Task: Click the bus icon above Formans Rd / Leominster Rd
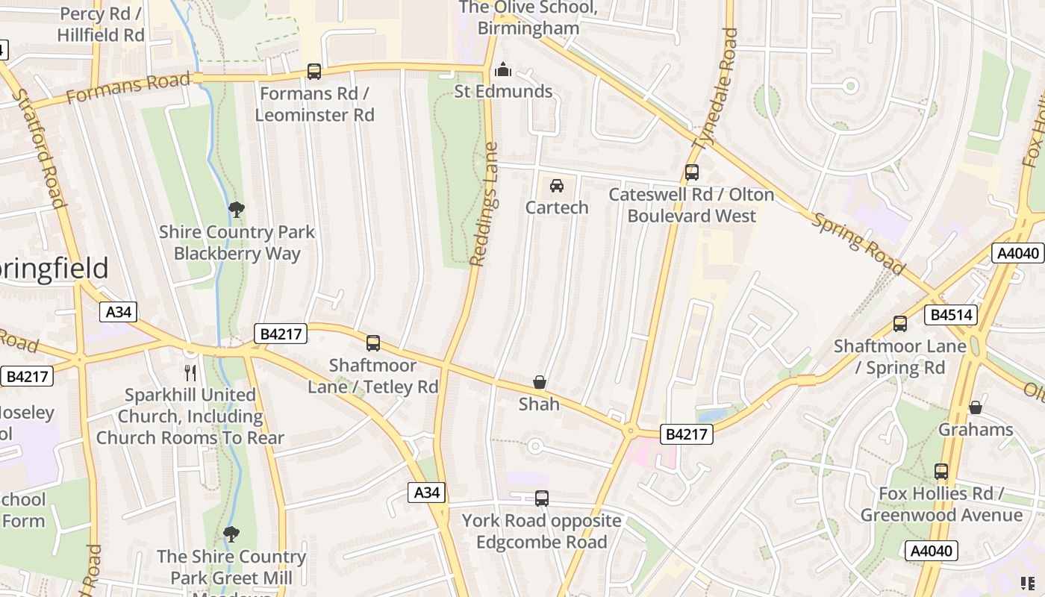pos(314,72)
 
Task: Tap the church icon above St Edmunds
pos(504,69)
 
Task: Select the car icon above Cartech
pos(557,186)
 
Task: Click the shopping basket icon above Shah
pos(540,383)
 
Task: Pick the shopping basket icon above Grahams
pos(976,407)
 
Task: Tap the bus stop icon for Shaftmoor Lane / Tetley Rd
pos(373,343)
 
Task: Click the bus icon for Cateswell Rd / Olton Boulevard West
pos(692,172)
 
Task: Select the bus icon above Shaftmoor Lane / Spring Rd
pos(900,324)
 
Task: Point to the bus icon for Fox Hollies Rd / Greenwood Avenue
pos(941,472)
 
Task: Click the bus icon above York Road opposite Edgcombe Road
pos(542,498)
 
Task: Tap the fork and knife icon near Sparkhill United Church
pos(190,372)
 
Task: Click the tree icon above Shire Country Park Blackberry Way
pos(237,210)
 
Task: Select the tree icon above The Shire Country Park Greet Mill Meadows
pos(231,534)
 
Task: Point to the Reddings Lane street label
pos(484,204)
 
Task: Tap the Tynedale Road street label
pos(716,89)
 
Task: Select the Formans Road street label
pos(128,89)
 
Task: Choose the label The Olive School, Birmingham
pos(528,18)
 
